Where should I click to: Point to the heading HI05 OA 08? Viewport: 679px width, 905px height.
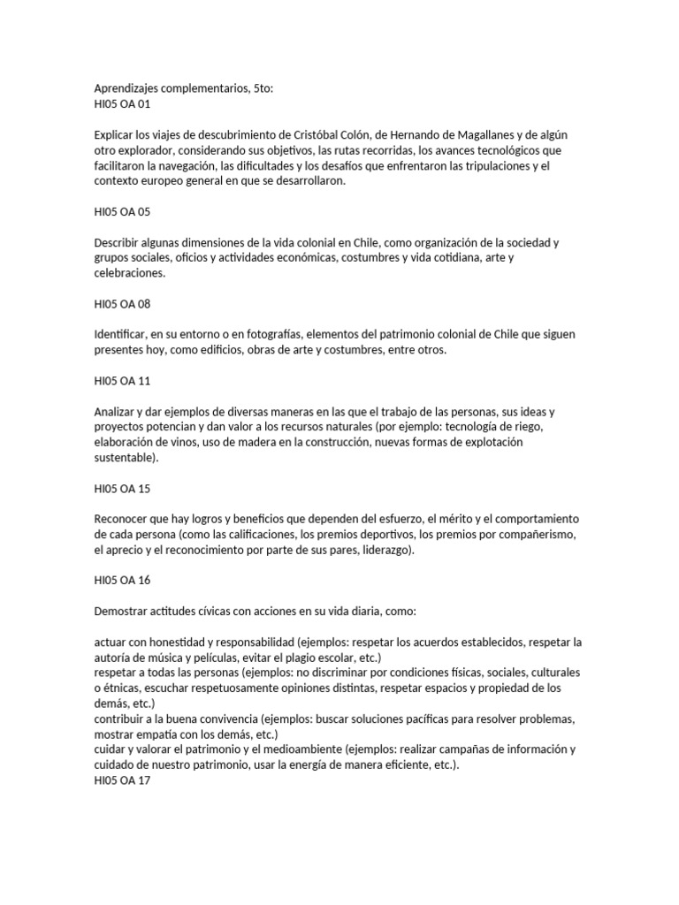pos(121,304)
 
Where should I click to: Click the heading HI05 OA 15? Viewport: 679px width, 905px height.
pos(121,489)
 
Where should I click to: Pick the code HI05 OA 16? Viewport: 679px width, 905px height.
pos(121,581)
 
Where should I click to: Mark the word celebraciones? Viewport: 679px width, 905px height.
pos(131,274)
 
